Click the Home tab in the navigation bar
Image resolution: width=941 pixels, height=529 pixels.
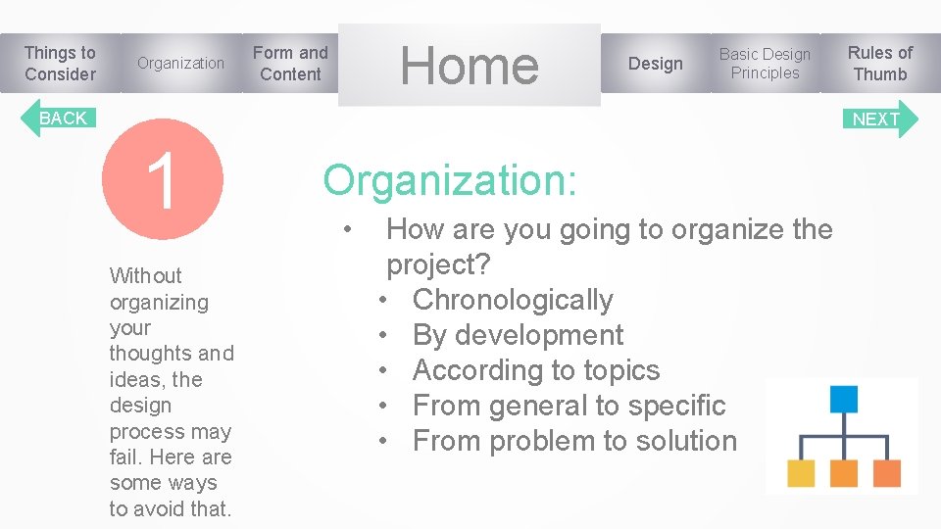pos(469,65)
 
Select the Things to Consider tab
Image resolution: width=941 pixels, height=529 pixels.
pos(60,64)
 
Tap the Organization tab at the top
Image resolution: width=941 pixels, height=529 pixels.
pos(180,64)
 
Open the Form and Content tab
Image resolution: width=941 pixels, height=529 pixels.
pos(290,64)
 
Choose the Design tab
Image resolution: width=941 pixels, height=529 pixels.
pos(655,64)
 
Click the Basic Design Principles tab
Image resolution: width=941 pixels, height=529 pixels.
pos(765,64)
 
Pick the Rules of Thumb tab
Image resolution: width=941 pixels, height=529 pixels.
pos(879,64)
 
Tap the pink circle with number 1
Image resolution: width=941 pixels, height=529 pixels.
pos(165,179)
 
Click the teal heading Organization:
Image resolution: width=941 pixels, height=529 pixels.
pos(450,180)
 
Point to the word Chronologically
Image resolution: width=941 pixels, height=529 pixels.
pos(513,300)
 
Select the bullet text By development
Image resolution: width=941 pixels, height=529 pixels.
pos(518,335)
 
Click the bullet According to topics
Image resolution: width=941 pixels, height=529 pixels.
pos(536,370)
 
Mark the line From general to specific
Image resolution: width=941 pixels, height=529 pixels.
pos(569,406)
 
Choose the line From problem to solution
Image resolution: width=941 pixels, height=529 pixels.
pos(574,441)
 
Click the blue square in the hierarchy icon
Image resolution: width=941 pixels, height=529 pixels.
pos(843,399)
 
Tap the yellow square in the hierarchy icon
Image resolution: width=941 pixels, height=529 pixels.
pos(801,473)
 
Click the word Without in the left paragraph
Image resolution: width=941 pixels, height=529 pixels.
pos(146,275)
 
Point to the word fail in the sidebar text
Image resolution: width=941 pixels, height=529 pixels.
pos(125,457)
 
